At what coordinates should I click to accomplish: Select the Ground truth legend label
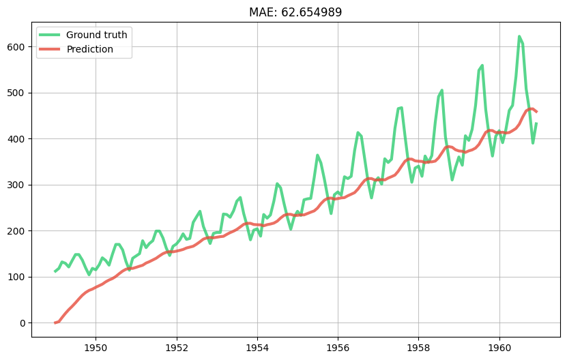click(96, 35)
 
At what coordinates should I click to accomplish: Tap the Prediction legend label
click(89, 49)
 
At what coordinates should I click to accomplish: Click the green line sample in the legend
click(50, 35)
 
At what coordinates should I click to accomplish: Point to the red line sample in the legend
click(50, 49)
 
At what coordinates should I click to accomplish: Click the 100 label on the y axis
click(17, 277)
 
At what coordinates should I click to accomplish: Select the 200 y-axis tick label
click(17, 231)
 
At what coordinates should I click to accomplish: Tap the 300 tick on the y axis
click(17, 185)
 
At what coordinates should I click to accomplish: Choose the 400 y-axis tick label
click(17, 139)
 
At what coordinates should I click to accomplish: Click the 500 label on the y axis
click(17, 93)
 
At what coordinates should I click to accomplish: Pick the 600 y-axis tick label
click(17, 47)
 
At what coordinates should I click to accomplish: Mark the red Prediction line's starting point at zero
click(56, 322)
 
